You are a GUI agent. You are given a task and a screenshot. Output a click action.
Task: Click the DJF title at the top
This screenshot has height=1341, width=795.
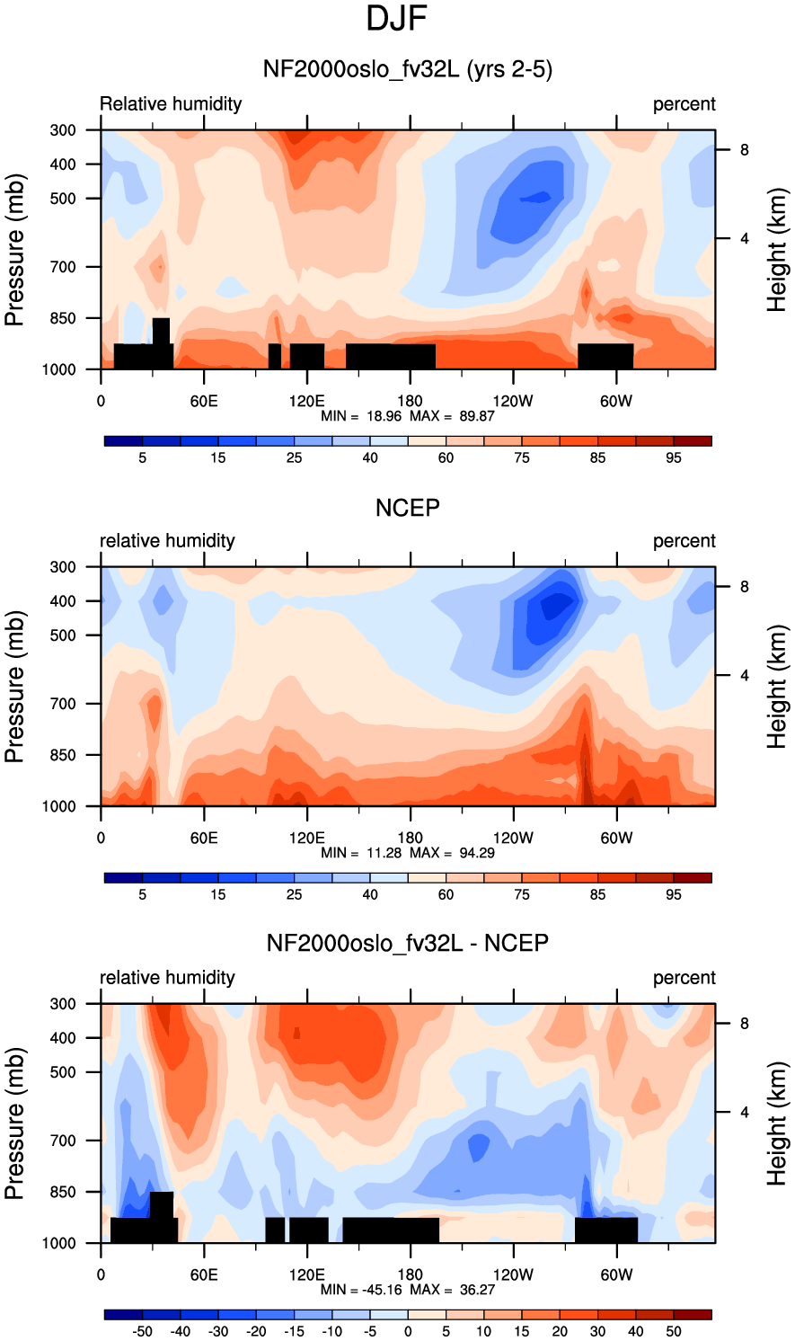click(x=396, y=19)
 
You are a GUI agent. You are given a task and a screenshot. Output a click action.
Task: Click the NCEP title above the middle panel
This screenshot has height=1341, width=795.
click(x=407, y=508)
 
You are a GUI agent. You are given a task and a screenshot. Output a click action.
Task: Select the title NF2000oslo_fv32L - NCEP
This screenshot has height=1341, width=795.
click(x=407, y=943)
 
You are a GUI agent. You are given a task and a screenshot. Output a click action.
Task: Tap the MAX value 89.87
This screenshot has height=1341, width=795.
click(x=477, y=416)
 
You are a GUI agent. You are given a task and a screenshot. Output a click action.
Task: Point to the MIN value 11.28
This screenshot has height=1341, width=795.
click(x=384, y=852)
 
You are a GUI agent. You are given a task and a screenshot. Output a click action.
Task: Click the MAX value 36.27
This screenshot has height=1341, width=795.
click(x=477, y=1289)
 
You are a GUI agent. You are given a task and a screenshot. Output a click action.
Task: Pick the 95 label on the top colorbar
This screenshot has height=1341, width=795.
click(x=674, y=458)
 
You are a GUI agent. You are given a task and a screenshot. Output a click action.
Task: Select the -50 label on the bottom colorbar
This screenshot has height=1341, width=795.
click(x=141, y=1331)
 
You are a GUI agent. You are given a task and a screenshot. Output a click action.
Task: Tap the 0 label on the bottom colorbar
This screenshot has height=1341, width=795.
click(x=408, y=1331)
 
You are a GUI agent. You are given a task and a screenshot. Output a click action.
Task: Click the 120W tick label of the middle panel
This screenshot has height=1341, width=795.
click(x=513, y=838)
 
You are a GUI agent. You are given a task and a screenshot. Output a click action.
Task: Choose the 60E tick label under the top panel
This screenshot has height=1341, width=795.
click(x=204, y=401)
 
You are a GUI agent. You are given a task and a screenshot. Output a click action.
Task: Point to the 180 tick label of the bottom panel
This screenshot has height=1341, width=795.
click(x=410, y=1274)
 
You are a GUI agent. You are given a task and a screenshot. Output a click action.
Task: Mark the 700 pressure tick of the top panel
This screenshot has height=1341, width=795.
click(x=63, y=267)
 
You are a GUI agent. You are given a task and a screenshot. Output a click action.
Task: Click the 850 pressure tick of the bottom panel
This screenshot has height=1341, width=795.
click(x=63, y=1191)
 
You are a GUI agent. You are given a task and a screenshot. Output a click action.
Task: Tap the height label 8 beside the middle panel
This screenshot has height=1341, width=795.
click(x=744, y=587)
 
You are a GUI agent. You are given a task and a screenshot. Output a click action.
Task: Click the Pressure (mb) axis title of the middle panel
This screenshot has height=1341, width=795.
click(x=14, y=687)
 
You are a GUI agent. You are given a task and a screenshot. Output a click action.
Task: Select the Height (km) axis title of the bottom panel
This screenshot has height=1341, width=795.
click(x=776, y=1123)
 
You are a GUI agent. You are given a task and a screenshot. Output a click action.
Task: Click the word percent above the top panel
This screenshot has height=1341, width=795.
click(x=684, y=104)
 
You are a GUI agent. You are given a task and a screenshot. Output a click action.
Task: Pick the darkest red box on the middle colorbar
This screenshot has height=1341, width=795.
click(x=693, y=877)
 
